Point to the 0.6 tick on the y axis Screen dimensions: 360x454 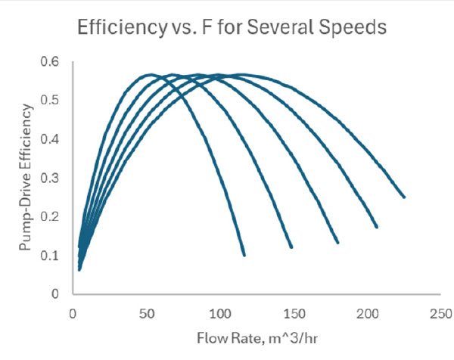point(54,61)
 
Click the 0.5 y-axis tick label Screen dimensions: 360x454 point(54,100)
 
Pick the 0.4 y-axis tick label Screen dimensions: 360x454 point(54,138)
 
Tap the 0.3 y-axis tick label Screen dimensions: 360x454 point(54,177)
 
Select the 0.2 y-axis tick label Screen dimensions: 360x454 point(54,216)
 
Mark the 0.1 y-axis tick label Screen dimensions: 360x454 point(54,255)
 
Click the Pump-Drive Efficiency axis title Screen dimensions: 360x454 point(27,178)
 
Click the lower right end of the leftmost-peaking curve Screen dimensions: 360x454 point(244,255)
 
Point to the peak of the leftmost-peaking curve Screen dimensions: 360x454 point(149,74)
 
